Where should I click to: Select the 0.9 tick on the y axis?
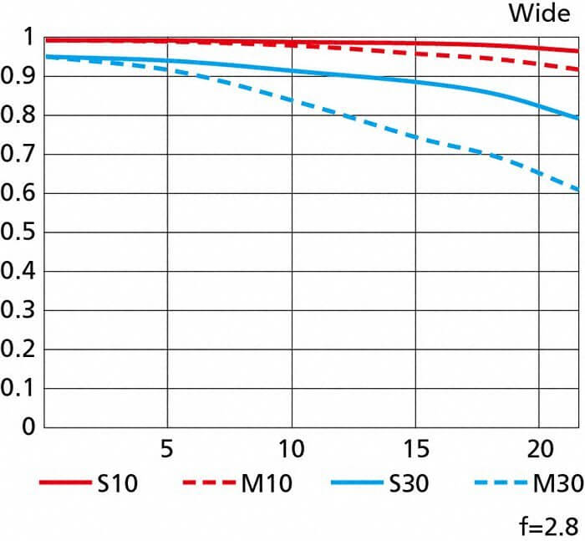click(18, 77)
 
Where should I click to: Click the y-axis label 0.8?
click(18, 116)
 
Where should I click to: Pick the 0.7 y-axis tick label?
click(18, 155)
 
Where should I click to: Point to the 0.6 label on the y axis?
click(18, 194)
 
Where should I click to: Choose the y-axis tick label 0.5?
click(18, 232)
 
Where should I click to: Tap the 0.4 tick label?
click(18, 272)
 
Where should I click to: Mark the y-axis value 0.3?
click(18, 311)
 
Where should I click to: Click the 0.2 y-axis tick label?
click(18, 350)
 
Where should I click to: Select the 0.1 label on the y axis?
click(18, 389)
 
